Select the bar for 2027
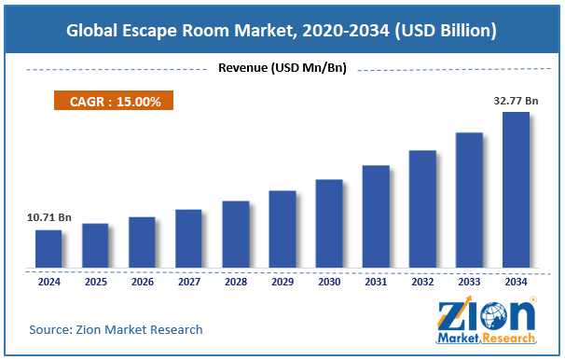point(188,240)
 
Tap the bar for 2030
point(328,225)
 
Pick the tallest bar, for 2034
point(516,191)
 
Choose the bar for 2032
point(422,210)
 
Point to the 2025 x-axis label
point(95,281)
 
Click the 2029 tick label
point(282,281)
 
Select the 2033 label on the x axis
point(469,281)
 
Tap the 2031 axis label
point(376,281)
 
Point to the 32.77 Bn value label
point(516,99)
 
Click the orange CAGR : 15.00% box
point(113,102)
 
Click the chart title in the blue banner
point(282,32)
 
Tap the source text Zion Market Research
point(116,329)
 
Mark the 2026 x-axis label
point(142,281)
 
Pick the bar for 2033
point(469,201)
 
